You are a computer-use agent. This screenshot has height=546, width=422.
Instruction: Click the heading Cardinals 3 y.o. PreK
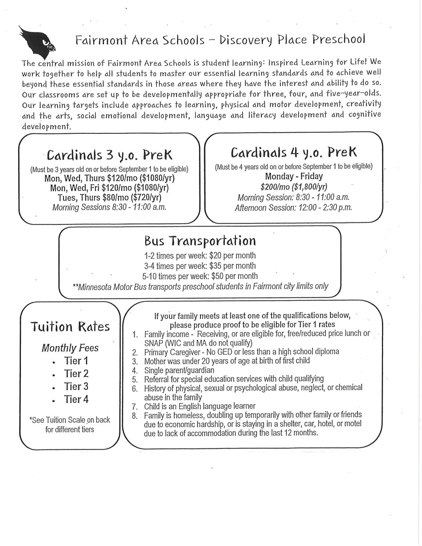(109, 155)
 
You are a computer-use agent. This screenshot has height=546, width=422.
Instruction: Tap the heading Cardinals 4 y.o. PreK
(293, 151)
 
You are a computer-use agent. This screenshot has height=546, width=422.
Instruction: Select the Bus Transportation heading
(200, 240)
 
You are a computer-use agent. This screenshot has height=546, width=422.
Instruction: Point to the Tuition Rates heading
(70, 326)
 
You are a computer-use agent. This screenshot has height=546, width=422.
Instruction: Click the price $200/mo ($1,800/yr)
(293, 187)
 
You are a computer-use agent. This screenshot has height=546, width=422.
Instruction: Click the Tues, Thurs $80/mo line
(109, 197)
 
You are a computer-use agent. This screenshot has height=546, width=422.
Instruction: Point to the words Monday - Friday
(293, 176)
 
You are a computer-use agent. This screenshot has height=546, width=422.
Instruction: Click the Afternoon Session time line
(293, 208)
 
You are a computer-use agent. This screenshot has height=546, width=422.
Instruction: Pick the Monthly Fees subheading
(70, 348)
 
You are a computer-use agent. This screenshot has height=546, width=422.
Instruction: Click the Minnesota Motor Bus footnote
(200, 287)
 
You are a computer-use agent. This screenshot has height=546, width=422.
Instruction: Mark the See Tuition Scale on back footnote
(70, 424)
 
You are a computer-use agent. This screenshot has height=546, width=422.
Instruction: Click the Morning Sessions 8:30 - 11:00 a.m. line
(109, 207)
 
